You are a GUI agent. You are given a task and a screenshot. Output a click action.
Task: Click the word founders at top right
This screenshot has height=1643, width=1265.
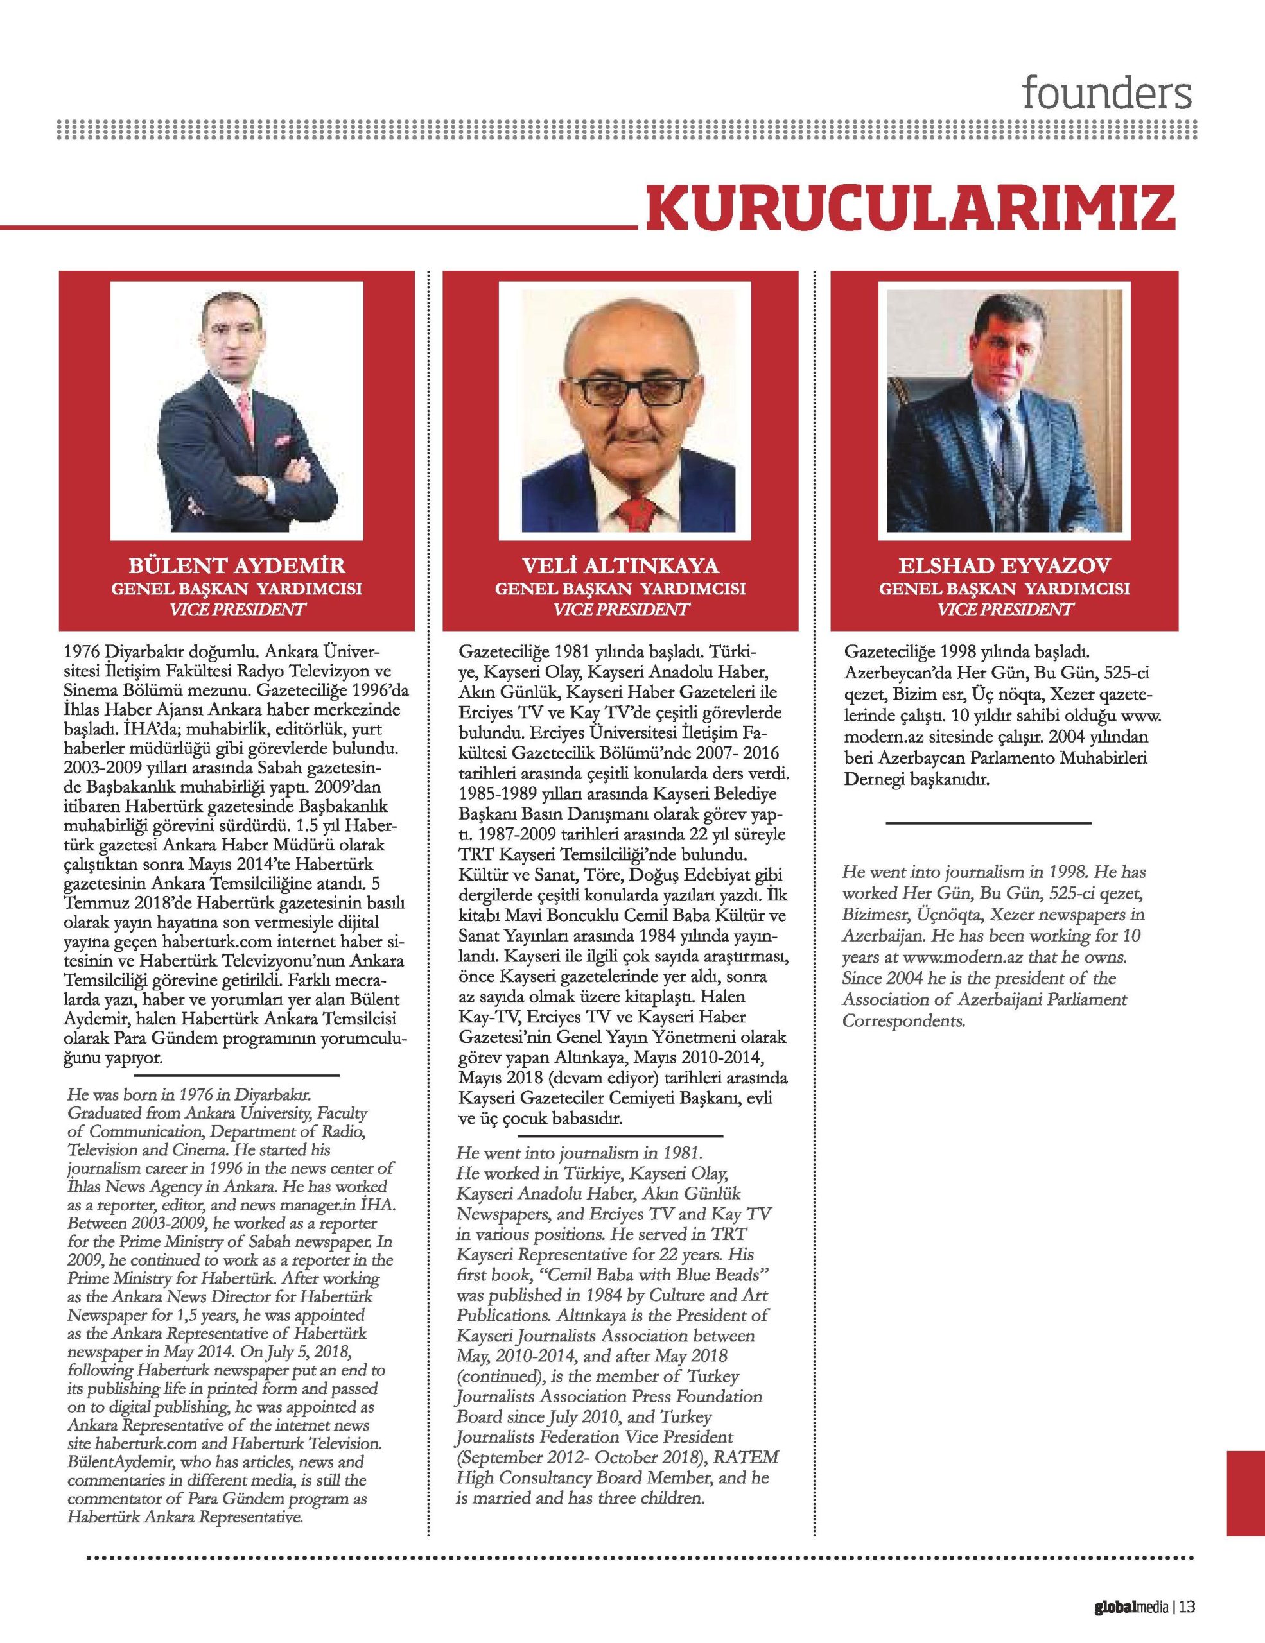pos(1107,94)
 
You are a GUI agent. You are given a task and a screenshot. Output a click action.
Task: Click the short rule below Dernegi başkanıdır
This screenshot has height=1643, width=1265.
pos(988,824)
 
